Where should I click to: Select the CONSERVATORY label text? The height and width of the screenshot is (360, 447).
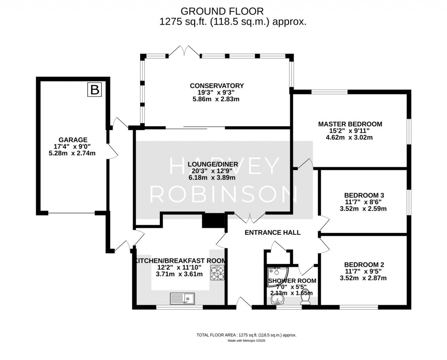pyautogui.click(x=217, y=86)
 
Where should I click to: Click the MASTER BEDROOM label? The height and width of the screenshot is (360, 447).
pyautogui.click(x=350, y=124)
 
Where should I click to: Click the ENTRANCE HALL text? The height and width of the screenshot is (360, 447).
pyautogui.click(x=272, y=233)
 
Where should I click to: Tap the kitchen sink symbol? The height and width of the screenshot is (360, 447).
pyautogui.click(x=183, y=298)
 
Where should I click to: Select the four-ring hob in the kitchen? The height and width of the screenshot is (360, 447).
pyautogui.click(x=217, y=273)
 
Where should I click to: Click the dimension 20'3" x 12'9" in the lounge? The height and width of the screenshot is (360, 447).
pyautogui.click(x=213, y=171)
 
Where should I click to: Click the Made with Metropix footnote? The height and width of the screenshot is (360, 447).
pyautogui.click(x=246, y=341)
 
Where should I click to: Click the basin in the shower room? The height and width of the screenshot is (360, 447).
pyautogui.click(x=278, y=298)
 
